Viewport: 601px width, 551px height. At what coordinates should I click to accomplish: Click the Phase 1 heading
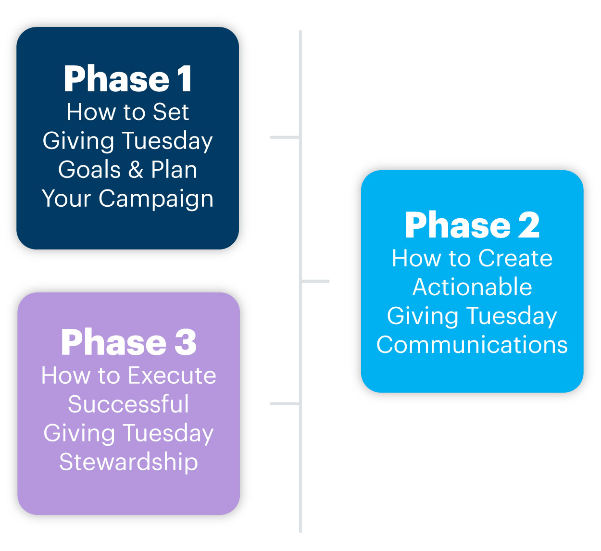point(127,79)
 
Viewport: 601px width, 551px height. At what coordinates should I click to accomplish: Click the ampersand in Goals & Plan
point(136,170)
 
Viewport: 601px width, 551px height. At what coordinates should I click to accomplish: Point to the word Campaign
point(156,199)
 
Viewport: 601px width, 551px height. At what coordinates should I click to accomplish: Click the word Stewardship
point(128,462)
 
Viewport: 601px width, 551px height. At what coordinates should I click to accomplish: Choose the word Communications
point(472,345)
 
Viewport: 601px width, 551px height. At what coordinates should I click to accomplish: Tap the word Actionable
point(472,287)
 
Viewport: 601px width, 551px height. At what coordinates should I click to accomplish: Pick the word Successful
point(128,404)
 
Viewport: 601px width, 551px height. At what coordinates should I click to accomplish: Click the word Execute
point(172,375)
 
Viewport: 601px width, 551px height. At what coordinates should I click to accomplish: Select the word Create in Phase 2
point(515,258)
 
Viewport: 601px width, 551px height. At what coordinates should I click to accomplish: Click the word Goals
point(89,170)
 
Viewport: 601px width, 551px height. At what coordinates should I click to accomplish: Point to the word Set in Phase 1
point(171,112)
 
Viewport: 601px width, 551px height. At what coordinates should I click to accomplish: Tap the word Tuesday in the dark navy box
point(167,141)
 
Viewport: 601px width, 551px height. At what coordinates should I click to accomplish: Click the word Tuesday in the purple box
point(168,434)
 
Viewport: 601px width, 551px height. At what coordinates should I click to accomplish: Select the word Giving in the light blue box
point(423,316)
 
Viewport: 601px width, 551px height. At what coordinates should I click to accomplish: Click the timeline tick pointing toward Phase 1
point(285,137)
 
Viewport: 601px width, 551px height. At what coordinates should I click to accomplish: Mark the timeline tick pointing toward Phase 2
point(315,281)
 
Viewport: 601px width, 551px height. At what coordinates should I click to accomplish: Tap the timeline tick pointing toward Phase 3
point(285,403)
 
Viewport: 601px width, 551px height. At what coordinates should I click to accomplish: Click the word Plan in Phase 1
point(174,170)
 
